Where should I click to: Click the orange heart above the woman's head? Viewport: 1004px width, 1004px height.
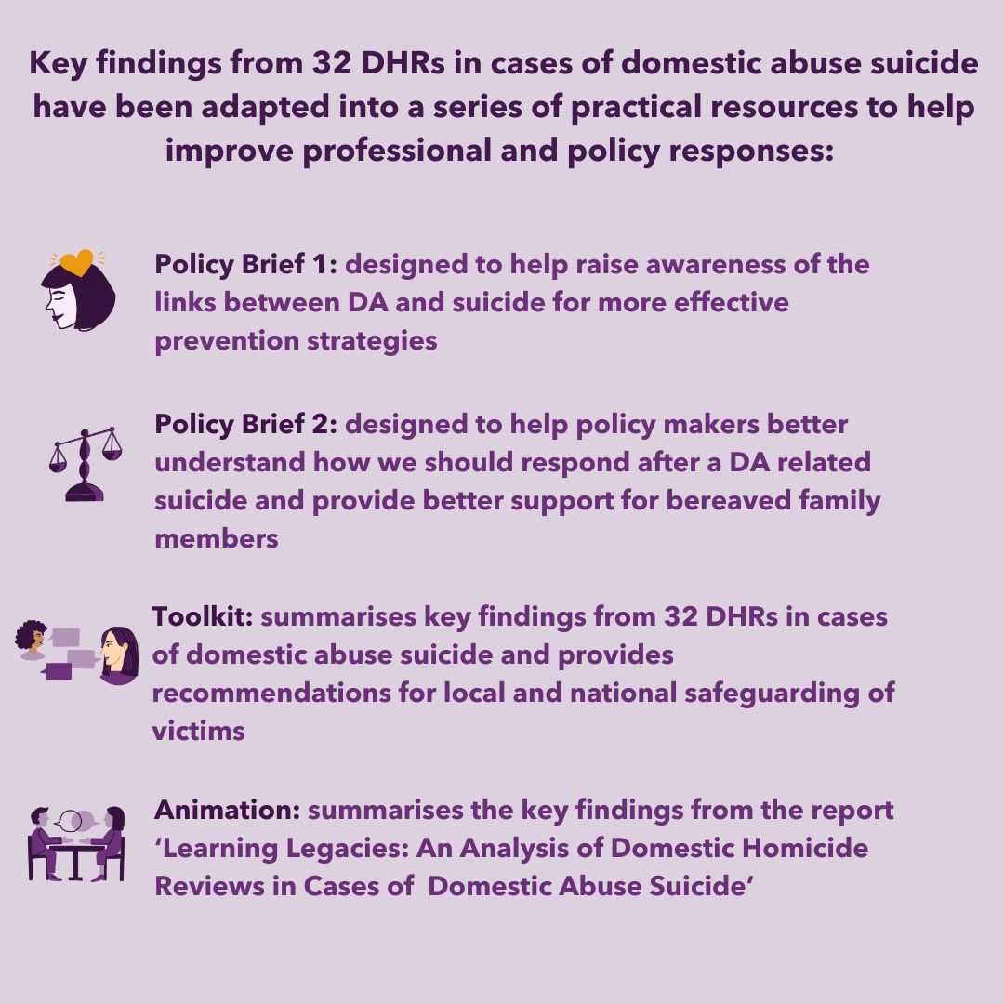coord(76,262)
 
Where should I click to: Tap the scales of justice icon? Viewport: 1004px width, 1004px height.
coord(86,464)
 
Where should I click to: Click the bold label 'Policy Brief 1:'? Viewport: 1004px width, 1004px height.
coord(245,264)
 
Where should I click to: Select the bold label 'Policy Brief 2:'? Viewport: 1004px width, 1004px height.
coord(245,425)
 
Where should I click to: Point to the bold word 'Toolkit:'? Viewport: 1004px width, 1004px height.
coord(203,616)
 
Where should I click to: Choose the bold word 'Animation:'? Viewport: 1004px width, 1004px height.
coord(228,810)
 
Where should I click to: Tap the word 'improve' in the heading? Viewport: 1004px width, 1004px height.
coord(230,152)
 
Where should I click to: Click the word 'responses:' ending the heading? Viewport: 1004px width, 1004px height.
coord(752,152)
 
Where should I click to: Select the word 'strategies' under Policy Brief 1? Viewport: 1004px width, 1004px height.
coord(372,341)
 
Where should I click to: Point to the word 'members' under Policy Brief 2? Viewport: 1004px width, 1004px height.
coord(217,539)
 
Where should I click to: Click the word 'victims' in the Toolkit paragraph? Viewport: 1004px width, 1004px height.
coord(199,732)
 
